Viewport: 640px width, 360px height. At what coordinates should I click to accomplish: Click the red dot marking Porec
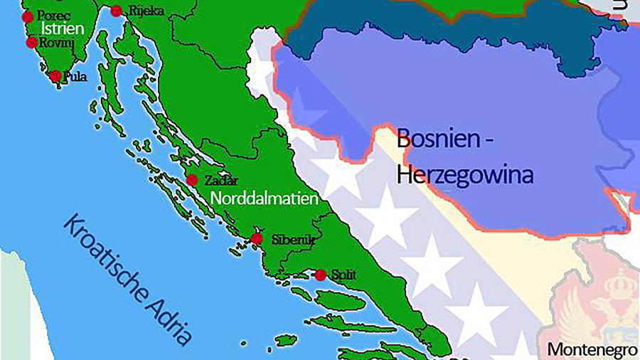(28, 16)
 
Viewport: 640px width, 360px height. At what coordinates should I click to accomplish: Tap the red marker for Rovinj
(32, 42)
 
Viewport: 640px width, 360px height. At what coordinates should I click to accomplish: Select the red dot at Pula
(55, 76)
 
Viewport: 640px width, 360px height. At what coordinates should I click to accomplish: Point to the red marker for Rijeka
(115, 11)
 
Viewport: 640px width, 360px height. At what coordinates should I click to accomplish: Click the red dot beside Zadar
(191, 179)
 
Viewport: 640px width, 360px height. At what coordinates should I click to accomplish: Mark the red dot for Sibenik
(257, 238)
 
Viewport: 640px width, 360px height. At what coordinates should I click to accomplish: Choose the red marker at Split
(321, 275)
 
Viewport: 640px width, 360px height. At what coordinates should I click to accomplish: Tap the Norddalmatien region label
(263, 197)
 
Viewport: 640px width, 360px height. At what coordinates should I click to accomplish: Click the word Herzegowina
(464, 174)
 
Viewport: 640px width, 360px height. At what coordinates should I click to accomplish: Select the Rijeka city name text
(146, 11)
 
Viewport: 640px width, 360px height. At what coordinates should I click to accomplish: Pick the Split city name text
(343, 274)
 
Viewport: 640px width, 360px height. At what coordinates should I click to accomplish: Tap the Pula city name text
(75, 77)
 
